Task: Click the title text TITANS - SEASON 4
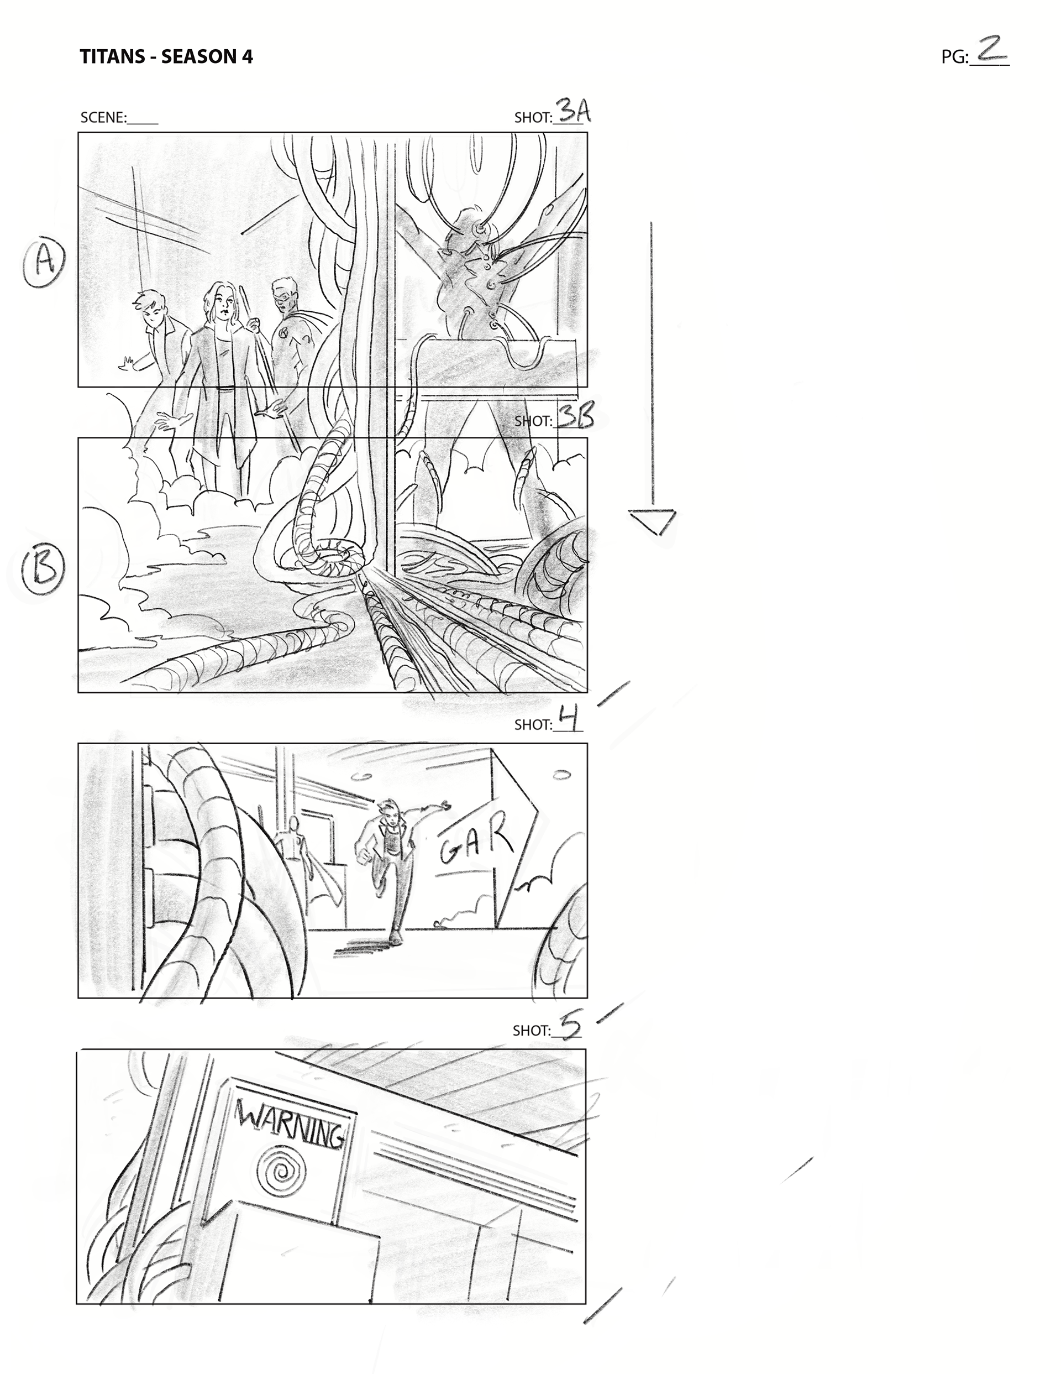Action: coord(166,56)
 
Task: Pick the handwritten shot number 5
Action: coord(570,1027)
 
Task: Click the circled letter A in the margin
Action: coord(45,262)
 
